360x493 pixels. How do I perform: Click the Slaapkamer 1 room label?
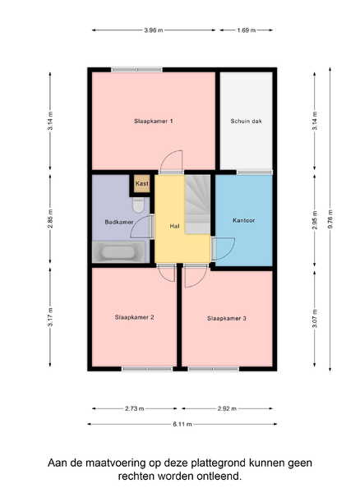tap(154, 121)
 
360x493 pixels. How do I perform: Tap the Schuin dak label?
tap(247, 121)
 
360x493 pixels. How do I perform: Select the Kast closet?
tap(142, 183)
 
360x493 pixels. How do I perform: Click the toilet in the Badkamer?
tap(138, 205)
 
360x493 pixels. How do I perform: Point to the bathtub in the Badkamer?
tap(119, 252)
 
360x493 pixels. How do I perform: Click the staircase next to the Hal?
tap(197, 205)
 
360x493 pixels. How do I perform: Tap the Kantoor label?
tap(243, 220)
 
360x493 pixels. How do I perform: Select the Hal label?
tap(174, 226)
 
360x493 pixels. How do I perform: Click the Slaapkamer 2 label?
tap(134, 317)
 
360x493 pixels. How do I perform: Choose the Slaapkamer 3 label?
tap(226, 319)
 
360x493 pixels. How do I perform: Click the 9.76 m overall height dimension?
tap(330, 219)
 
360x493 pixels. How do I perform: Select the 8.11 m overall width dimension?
tap(182, 424)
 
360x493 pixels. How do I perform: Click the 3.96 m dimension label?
tap(154, 30)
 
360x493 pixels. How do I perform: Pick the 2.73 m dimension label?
tap(135, 408)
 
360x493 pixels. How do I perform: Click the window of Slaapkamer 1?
tap(136, 70)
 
